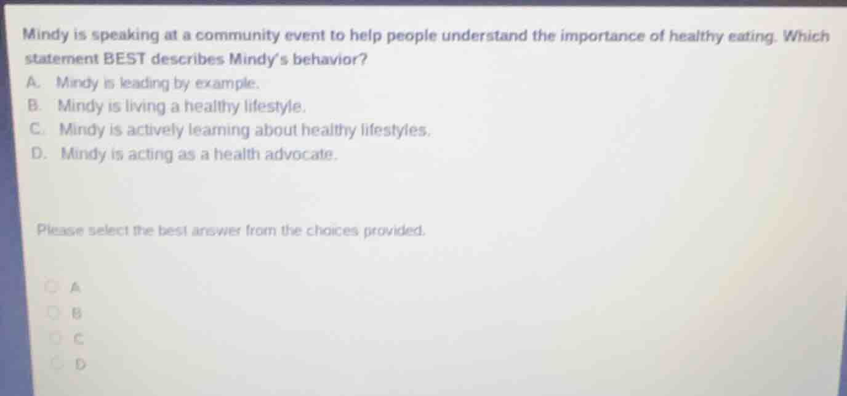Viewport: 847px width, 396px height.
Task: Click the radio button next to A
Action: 54,286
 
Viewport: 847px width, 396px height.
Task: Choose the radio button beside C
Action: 57,338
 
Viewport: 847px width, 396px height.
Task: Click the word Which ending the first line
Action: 806,36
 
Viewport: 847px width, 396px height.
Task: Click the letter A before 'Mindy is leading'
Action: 33,82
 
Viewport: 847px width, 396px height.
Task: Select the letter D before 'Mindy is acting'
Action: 38,154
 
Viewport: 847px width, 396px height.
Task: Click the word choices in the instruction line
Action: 328,232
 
